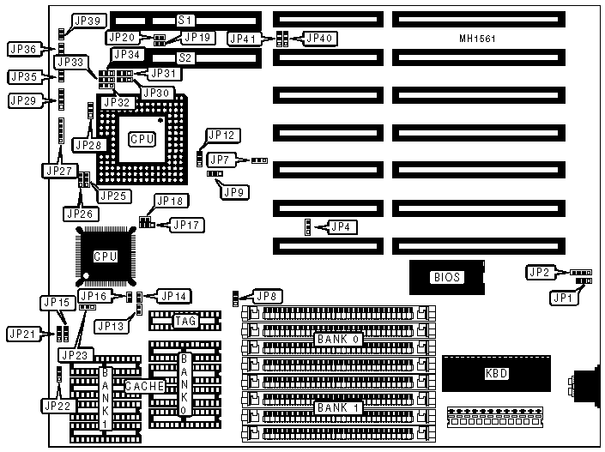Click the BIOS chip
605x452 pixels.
[x=447, y=276]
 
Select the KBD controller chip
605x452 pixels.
[x=496, y=373]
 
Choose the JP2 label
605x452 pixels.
[x=539, y=272]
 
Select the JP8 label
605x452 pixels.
[x=268, y=296]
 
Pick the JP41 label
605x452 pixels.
[x=245, y=38]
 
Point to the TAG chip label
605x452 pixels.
[x=185, y=322]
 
